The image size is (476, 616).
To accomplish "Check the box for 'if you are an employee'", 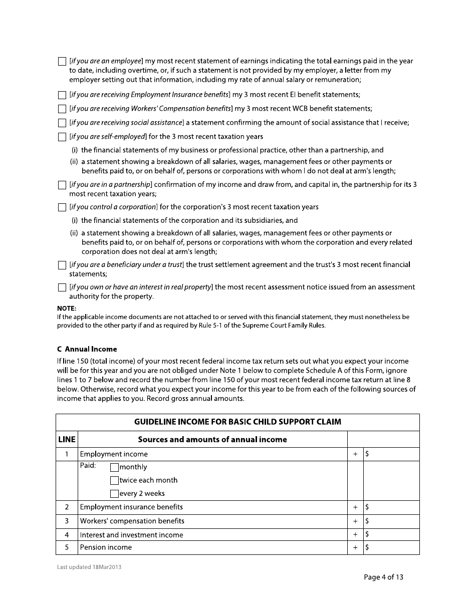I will coord(62,62).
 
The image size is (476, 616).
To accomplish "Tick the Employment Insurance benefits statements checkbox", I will coord(62,95).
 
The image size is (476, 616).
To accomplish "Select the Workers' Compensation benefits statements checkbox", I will coord(62,109).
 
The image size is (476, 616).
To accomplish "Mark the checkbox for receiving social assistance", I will coord(62,123).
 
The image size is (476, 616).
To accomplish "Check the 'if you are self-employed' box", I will coord(62,137).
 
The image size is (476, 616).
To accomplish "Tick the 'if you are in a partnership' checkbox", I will coord(62,185).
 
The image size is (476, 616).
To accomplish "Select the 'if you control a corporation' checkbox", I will coord(62,207).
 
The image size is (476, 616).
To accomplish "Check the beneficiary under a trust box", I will coord(62,265).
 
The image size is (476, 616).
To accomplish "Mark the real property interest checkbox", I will coord(62,287).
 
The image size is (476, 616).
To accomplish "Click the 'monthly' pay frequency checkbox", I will coord(114,468).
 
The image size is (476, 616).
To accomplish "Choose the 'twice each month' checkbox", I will coord(114,481).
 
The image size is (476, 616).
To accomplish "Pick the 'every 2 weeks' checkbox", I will coord(114,494).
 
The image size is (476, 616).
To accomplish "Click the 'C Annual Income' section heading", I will coord(87,349).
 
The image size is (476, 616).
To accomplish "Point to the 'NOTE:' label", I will coord(67,309).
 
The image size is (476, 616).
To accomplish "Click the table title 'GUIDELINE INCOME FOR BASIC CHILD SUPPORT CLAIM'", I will coord(237,422).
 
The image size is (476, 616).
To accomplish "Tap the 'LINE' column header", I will coord(67,440).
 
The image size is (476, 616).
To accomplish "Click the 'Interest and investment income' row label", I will coord(131,535).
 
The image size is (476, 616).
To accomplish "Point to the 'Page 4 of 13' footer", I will coord(383,577).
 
